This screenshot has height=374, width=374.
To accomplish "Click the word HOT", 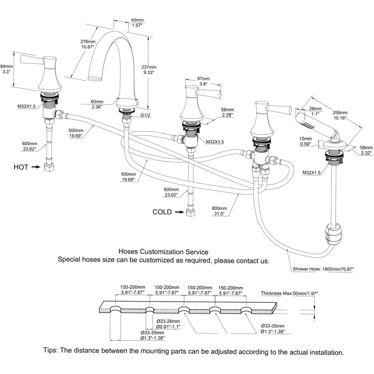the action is (21, 167).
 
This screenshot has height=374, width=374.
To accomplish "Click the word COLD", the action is (162, 212).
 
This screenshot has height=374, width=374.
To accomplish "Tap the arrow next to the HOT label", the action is (36, 167).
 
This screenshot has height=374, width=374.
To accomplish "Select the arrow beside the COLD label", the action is (180, 212).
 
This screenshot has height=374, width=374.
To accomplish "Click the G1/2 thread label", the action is (145, 115).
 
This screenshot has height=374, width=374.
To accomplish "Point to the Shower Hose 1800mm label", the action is (323, 269).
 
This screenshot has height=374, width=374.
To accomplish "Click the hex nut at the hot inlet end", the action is (49, 167).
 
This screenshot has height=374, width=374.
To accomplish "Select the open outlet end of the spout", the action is (95, 78).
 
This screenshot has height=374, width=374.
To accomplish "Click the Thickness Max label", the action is (289, 293).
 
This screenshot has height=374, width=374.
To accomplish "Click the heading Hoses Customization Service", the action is (163, 252).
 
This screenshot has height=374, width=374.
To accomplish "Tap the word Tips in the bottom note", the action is (50, 350).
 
